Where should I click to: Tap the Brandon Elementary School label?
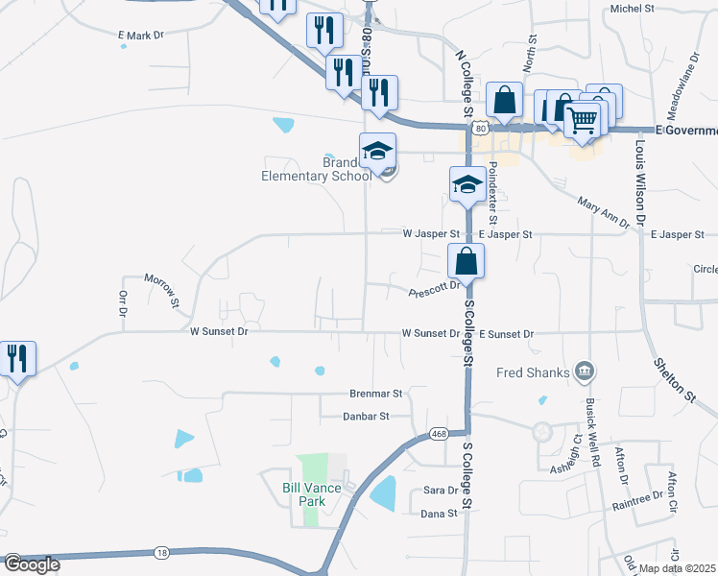(x=317, y=169)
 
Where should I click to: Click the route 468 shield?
(x=439, y=433)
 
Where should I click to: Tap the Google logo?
(x=32, y=564)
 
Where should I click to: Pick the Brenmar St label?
(x=375, y=394)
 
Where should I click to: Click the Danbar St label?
(x=366, y=417)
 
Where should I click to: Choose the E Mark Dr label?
(x=141, y=36)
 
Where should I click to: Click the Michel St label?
(x=632, y=9)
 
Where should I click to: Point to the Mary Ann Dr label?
(x=603, y=212)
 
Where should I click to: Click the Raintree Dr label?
(x=638, y=501)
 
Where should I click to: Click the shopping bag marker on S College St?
(x=466, y=260)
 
